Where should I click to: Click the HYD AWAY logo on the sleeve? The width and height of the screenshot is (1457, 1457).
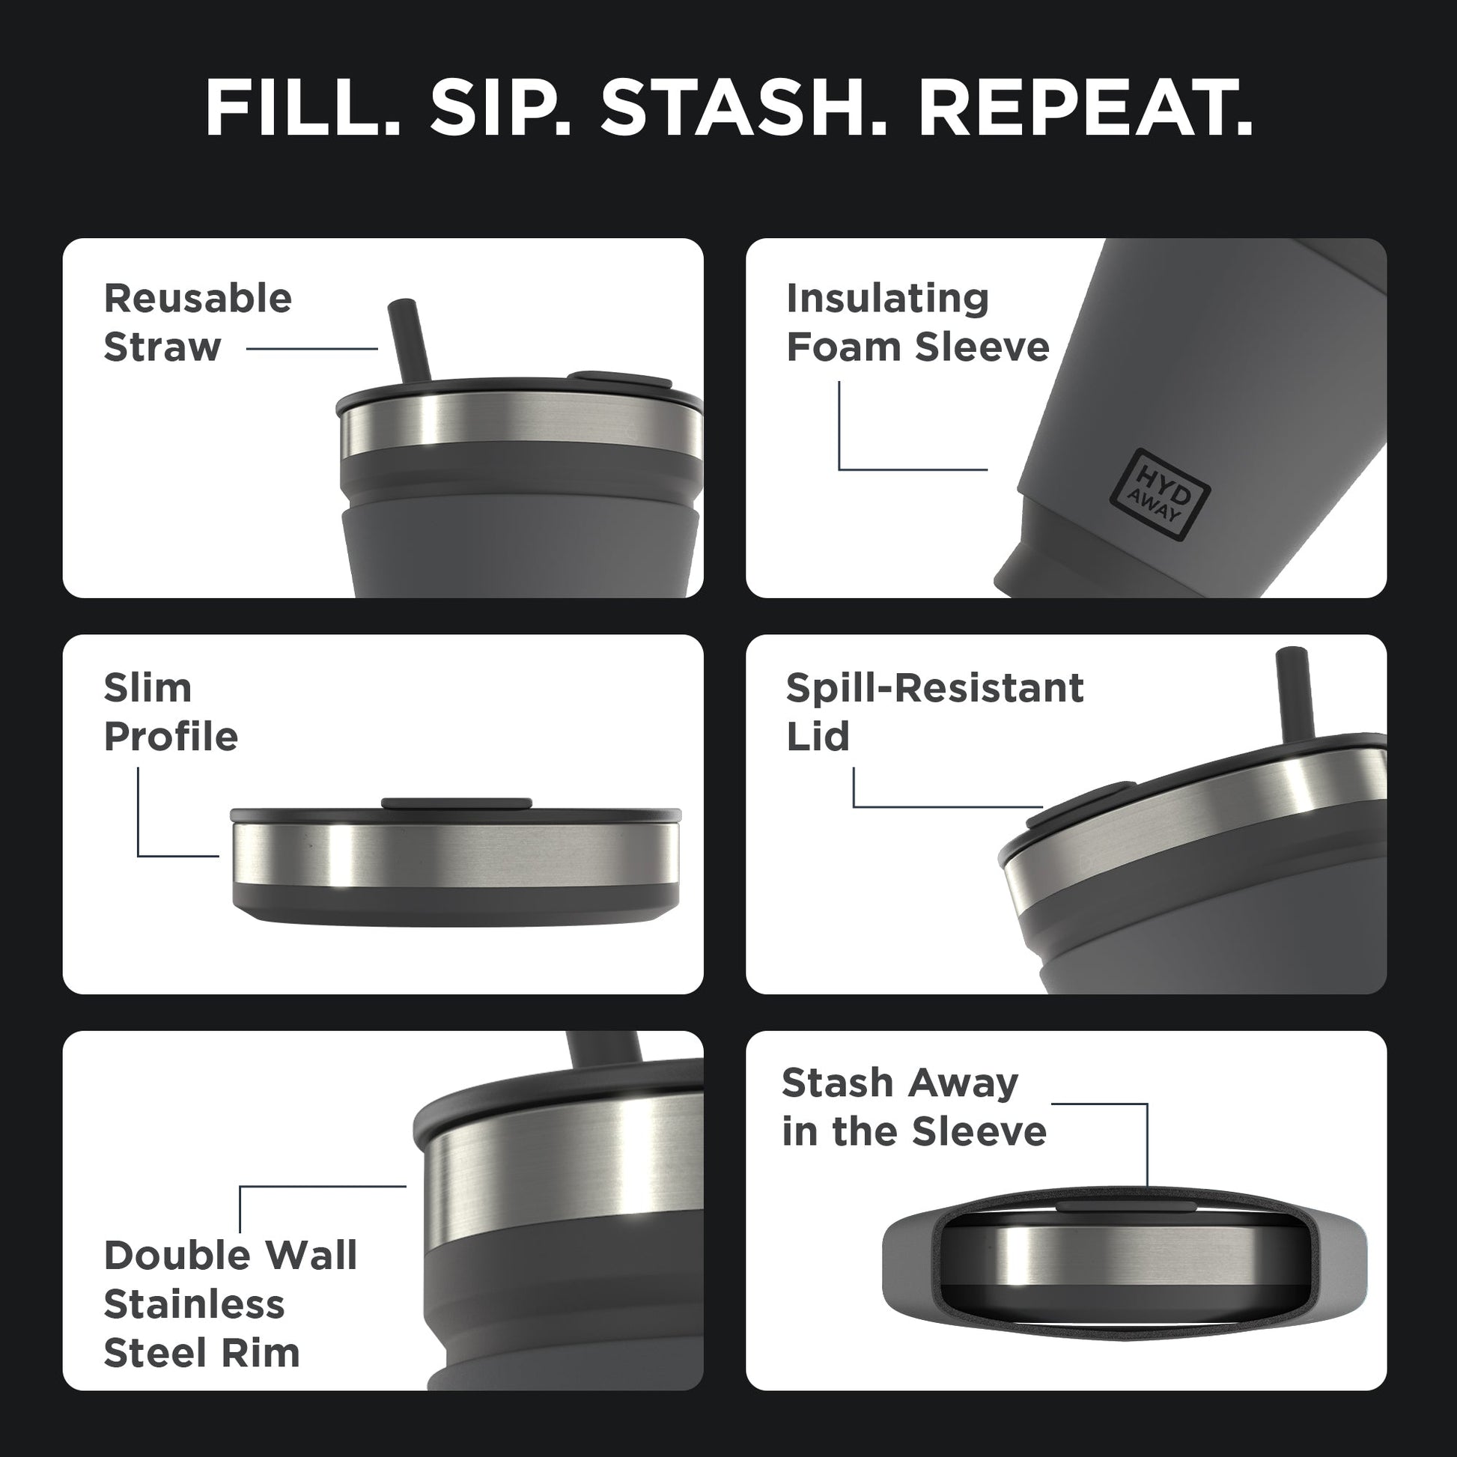(x=1161, y=495)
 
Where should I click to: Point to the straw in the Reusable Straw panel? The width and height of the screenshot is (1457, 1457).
(x=408, y=341)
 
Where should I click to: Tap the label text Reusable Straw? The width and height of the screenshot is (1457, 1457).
(x=198, y=323)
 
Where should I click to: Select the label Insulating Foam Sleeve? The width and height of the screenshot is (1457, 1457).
(x=917, y=323)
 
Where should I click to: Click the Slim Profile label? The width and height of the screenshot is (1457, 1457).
(x=171, y=712)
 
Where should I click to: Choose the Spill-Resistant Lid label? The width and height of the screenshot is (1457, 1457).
(x=934, y=712)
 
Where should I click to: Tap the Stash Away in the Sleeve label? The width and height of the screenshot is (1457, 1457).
(x=913, y=1107)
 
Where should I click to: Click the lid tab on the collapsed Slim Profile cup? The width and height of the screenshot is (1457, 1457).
(x=456, y=803)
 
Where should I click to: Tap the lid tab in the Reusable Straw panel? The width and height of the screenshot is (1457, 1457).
(x=621, y=379)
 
